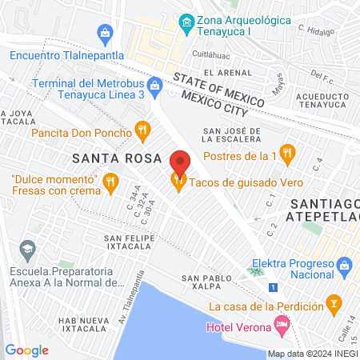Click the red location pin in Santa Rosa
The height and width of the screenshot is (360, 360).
180,163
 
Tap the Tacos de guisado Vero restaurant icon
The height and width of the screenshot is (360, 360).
178,182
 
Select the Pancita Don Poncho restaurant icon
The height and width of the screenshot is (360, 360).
142,129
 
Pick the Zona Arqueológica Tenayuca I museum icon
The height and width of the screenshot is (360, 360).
186,20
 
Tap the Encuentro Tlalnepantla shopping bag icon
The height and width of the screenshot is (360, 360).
105,33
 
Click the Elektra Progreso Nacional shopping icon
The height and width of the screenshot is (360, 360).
345,263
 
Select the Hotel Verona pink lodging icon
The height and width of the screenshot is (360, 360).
281,324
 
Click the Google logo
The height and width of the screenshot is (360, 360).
26,350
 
